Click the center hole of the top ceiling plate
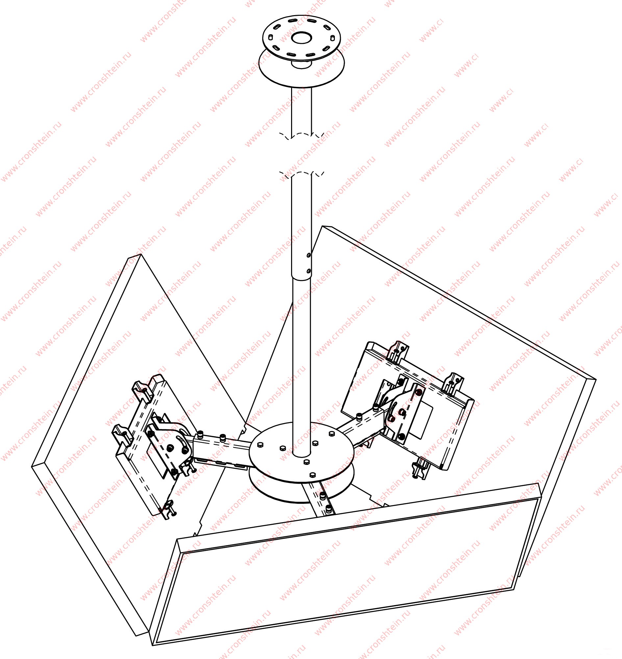301,38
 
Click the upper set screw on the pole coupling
309,255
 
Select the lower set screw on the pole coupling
309,271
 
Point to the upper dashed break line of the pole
301,135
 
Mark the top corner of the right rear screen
322,226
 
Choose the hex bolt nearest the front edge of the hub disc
312,475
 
